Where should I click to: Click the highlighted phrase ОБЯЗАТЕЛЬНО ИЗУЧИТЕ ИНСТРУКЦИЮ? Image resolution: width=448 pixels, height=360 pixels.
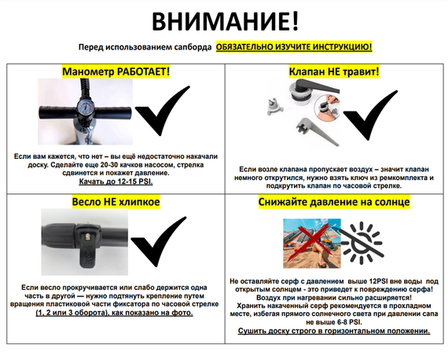[295, 47]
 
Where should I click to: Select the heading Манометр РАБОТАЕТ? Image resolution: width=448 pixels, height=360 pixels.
[116, 72]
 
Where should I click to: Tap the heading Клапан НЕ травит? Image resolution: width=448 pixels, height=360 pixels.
[334, 72]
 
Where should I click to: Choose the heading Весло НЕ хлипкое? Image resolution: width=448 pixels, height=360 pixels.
[116, 202]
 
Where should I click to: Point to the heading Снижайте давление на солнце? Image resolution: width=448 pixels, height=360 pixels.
[334, 202]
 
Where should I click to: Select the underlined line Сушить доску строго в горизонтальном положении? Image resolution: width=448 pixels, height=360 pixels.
[334, 331]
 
